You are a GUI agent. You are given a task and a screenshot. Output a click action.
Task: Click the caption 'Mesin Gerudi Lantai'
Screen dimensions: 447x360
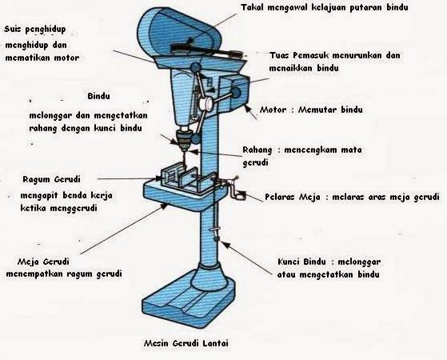tap(186, 343)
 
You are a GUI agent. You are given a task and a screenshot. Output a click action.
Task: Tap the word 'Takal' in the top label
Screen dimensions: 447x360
tap(253, 7)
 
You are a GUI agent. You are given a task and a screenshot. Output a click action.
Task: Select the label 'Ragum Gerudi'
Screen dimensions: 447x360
tap(52, 180)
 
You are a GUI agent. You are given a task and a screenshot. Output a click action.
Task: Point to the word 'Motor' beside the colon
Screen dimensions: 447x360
tap(273, 110)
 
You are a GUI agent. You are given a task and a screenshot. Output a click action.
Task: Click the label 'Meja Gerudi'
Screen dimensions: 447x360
tap(43, 262)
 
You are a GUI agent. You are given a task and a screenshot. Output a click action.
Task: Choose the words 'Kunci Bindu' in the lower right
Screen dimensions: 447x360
tap(301, 262)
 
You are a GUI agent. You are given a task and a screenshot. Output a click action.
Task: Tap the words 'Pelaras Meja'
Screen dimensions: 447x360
tap(293, 197)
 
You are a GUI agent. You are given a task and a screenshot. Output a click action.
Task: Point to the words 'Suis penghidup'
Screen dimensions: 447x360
tap(34, 30)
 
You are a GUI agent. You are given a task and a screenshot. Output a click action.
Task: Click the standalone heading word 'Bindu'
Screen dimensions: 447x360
tap(98, 96)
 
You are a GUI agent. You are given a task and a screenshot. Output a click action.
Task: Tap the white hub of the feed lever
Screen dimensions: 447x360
tap(206, 103)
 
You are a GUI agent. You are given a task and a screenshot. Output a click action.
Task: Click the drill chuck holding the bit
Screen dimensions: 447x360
tap(184, 140)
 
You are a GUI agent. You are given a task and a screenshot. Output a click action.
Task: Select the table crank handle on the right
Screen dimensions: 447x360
tap(234, 189)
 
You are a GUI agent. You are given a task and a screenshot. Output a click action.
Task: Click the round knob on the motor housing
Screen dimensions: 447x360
tap(236, 93)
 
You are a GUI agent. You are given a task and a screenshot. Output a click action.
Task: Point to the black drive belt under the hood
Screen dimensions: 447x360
tap(206, 50)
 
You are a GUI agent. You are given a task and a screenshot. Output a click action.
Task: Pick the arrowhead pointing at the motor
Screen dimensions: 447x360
tap(247, 107)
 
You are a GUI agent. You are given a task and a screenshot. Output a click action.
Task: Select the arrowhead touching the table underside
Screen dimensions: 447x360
tap(164, 206)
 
